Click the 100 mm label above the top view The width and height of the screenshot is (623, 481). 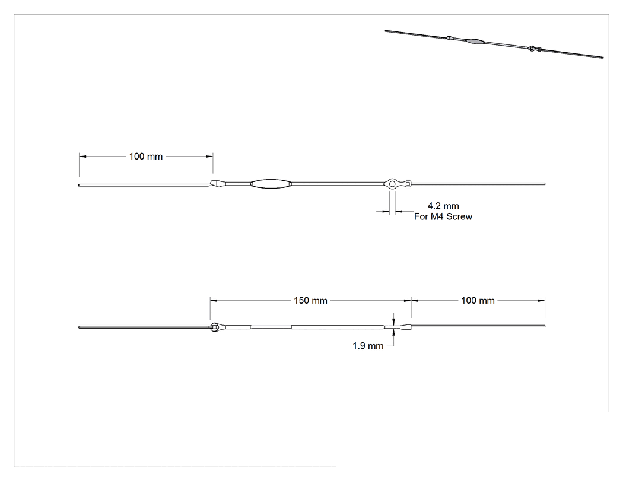(x=146, y=157)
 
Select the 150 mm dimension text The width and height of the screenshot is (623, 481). (x=311, y=301)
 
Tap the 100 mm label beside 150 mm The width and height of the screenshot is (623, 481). (x=478, y=301)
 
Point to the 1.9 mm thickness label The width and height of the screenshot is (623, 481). (x=368, y=346)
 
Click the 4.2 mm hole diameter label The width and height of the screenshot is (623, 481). (x=443, y=206)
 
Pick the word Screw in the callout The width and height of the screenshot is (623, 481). (x=459, y=217)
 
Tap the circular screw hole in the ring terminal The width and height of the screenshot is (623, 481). (x=392, y=184)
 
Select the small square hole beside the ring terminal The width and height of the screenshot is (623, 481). (x=408, y=184)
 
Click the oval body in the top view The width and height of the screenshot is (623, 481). (x=271, y=184)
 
